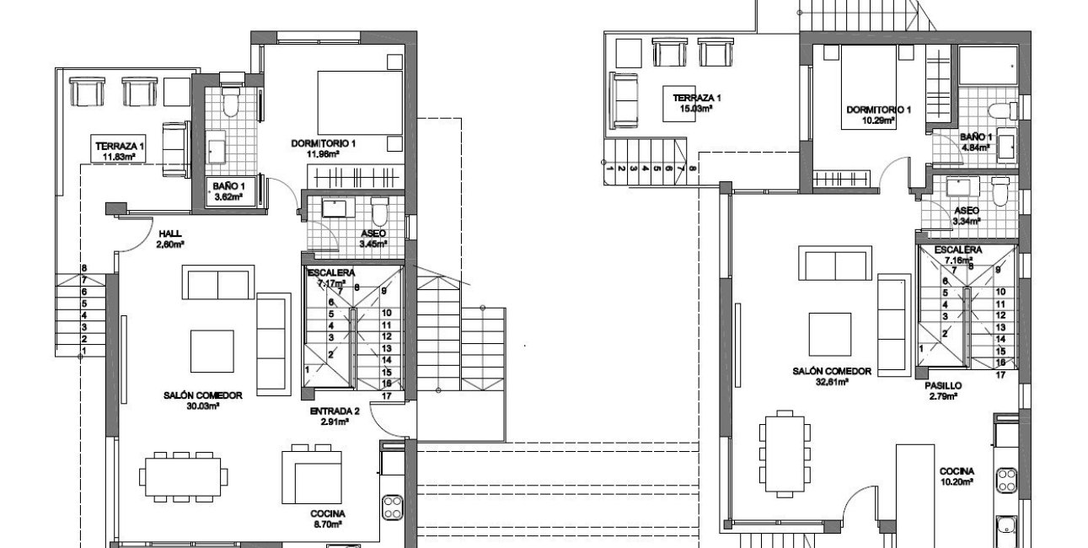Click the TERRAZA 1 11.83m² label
(119, 150)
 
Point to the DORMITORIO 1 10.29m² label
(879, 115)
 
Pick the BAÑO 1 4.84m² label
(976, 142)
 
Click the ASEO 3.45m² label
(372, 238)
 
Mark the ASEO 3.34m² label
(967, 216)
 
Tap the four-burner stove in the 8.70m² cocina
(393, 507)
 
